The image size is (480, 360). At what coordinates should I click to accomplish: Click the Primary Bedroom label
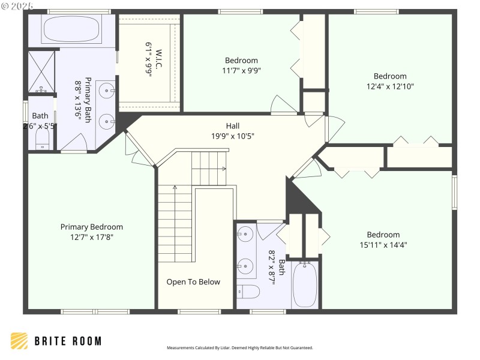coord(91,227)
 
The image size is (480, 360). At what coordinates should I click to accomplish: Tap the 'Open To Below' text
coord(193,282)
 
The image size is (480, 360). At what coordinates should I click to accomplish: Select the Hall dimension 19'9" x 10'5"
coord(233,136)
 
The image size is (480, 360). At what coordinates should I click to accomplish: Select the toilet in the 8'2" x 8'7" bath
coord(249,292)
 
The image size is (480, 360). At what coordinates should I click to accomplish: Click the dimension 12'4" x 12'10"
coord(390,86)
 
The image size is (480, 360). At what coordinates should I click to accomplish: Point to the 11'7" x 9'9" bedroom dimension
coord(242,70)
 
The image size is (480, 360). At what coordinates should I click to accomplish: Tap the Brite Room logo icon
coord(19,341)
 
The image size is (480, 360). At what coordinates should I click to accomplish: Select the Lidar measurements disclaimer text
coord(239,347)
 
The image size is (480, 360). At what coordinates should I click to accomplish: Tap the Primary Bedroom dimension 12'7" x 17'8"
coord(91,236)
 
